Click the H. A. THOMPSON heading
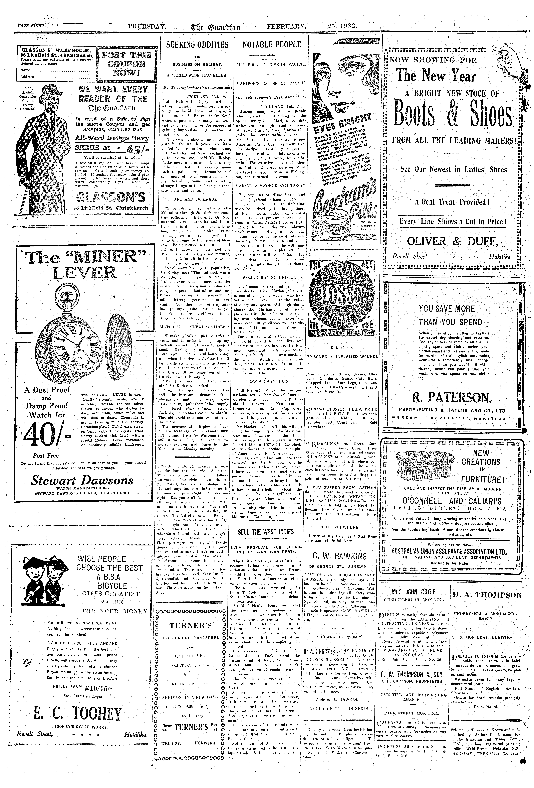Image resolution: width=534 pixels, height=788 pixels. (486, 595)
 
